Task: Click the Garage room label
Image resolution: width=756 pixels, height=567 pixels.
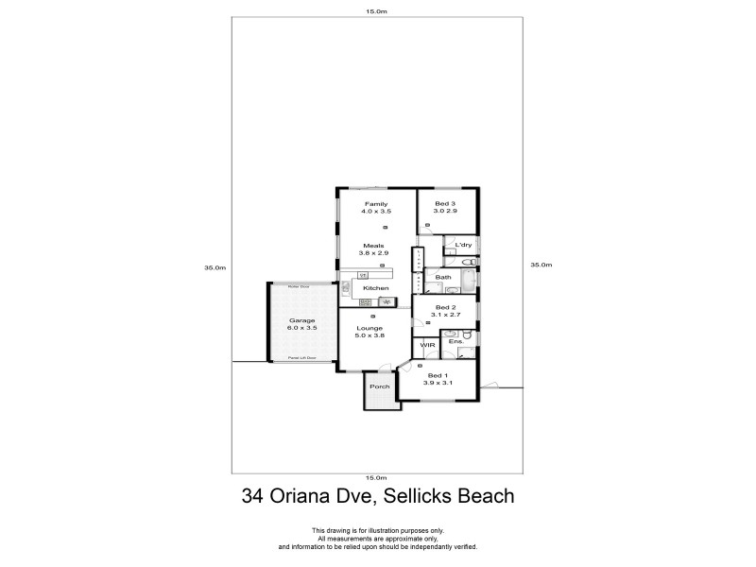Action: (301, 320)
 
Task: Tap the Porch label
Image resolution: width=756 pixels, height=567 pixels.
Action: (379, 387)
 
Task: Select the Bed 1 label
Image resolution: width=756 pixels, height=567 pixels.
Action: (438, 376)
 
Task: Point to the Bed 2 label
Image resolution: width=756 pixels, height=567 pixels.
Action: (446, 307)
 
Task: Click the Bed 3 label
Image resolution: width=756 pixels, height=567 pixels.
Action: (445, 204)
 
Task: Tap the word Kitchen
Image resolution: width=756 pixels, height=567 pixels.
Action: (376, 287)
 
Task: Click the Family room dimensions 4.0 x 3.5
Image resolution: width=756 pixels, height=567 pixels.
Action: (376, 212)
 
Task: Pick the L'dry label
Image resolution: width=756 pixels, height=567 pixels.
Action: (463, 246)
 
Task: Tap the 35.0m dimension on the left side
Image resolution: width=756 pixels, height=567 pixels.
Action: (215, 267)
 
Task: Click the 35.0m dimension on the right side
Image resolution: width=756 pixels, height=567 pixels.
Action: (540, 266)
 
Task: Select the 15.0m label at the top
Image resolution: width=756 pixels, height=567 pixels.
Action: (376, 11)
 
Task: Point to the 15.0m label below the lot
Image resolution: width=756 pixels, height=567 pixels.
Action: (376, 478)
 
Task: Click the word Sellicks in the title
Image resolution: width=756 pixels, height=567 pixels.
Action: (415, 495)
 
